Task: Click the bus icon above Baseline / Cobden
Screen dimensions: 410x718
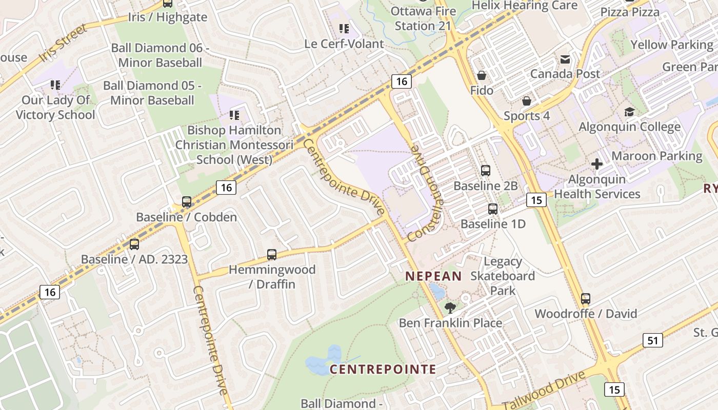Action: coord(187,202)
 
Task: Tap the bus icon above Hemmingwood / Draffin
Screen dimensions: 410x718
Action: coord(272,254)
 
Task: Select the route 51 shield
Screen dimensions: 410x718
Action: coord(652,340)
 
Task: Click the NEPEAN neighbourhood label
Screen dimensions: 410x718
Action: coord(433,276)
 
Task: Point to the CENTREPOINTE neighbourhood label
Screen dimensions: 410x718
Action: coord(383,369)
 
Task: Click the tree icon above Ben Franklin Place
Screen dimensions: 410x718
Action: coord(450,307)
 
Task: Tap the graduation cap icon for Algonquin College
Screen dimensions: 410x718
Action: coord(629,112)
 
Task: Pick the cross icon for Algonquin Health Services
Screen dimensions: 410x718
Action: coord(597,164)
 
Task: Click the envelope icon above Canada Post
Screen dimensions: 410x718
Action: coord(565,59)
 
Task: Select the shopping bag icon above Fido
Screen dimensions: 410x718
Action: coord(482,76)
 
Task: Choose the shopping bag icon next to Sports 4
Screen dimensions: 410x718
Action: coord(526,101)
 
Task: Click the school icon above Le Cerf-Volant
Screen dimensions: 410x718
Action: coord(344,29)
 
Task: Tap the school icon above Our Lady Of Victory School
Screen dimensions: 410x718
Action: coord(55,85)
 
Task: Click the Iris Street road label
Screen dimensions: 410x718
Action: coord(64,43)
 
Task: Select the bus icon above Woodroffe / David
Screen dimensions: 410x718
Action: coord(586,298)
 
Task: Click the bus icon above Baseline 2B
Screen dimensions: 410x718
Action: coord(485,171)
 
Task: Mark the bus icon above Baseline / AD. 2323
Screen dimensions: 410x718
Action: coord(134,244)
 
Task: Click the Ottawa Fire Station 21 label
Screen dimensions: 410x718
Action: coord(423,18)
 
